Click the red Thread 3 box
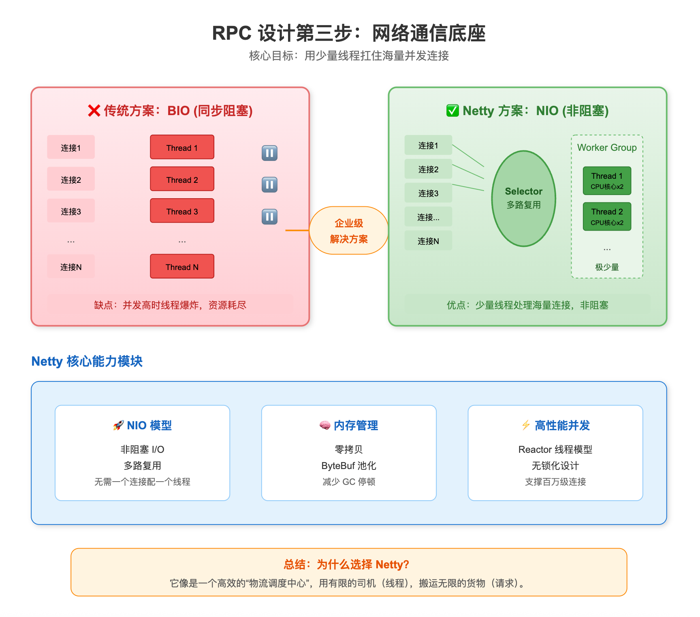[x=182, y=211]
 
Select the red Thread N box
[x=182, y=266]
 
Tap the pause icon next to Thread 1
[x=269, y=153]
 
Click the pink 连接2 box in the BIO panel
[x=71, y=179]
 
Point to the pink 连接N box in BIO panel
[x=71, y=266]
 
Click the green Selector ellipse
[x=523, y=198]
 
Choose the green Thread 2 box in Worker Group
[x=607, y=216]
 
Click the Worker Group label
[x=607, y=148]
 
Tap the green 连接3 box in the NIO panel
[x=428, y=193]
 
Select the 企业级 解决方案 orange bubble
[x=349, y=231]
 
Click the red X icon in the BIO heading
[x=94, y=111]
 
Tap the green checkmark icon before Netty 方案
[x=452, y=111]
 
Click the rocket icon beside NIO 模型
[x=118, y=425]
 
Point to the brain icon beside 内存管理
[x=325, y=425]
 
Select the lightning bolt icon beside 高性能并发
[x=526, y=425]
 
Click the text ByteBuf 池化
[x=349, y=466]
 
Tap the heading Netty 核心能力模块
[x=87, y=361]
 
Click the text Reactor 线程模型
[x=555, y=450]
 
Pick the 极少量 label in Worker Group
[x=607, y=267]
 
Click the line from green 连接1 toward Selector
[x=468, y=156]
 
